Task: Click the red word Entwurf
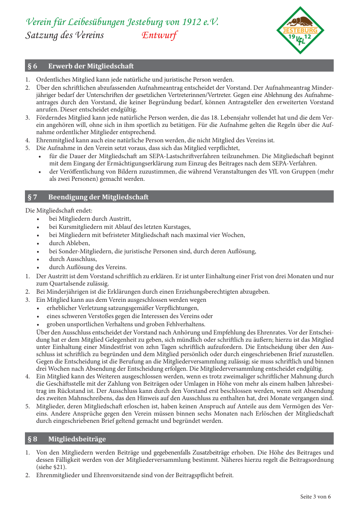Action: (x=159, y=35)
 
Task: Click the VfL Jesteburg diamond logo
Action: (x=301, y=30)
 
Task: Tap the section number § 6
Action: (x=32, y=66)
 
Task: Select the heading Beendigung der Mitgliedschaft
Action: (x=98, y=197)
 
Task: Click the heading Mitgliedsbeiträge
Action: (x=77, y=439)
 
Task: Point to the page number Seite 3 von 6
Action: (x=316, y=496)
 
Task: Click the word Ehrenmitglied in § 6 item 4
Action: (x=53, y=140)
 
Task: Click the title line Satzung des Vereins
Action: (x=64, y=35)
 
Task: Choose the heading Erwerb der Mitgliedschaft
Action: (x=91, y=66)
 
